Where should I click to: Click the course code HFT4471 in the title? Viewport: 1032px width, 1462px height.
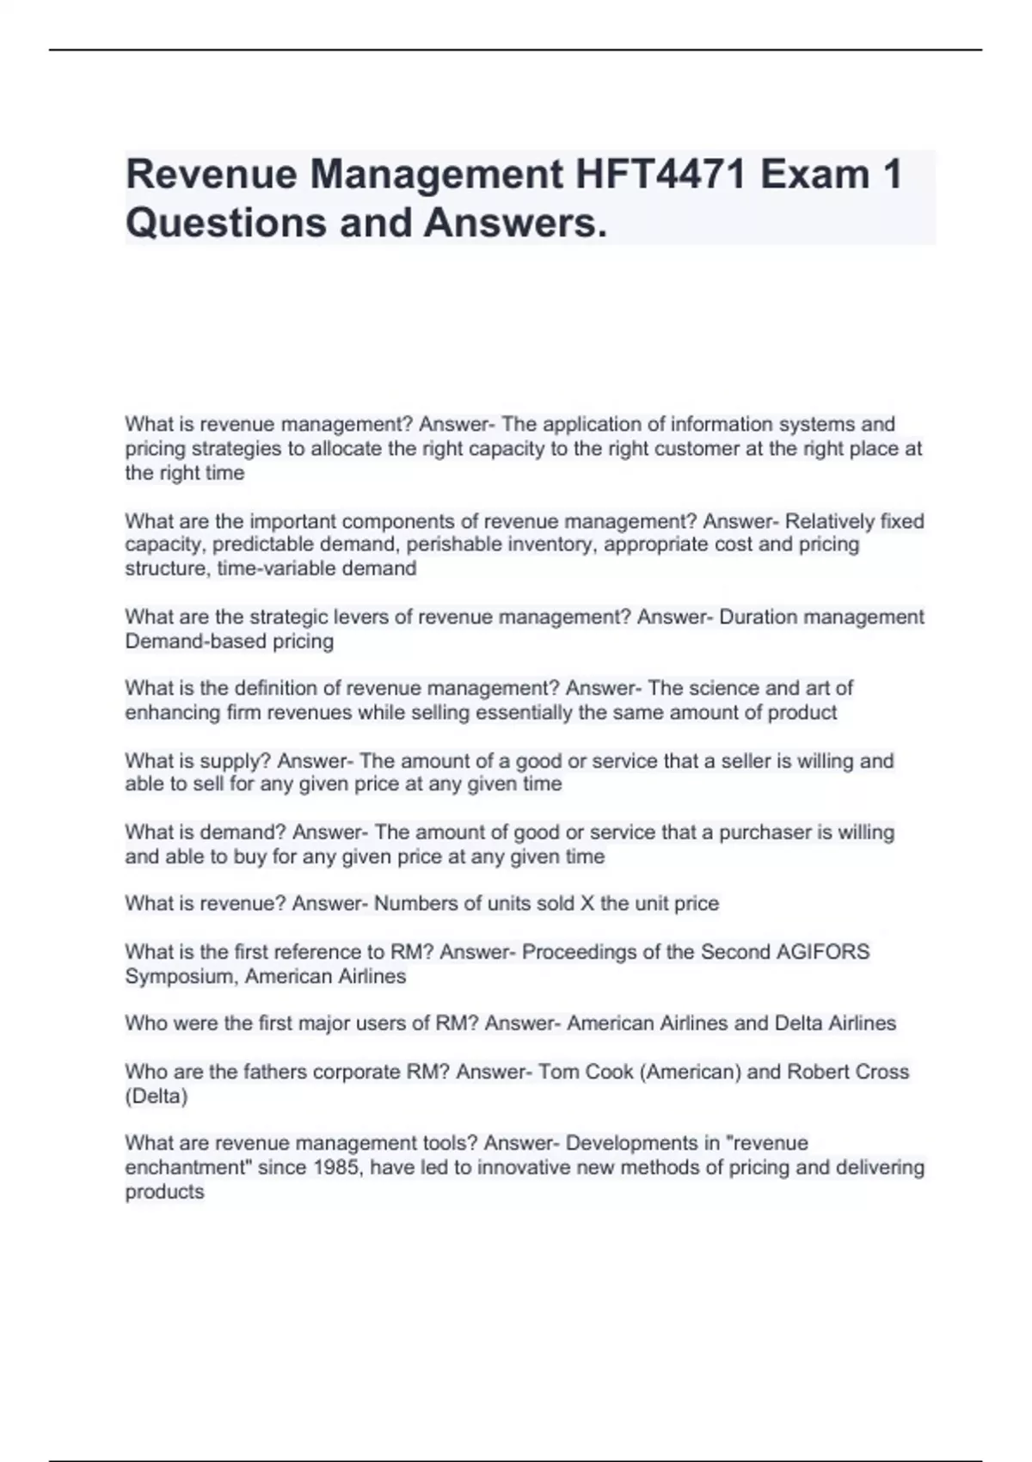click(x=660, y=175)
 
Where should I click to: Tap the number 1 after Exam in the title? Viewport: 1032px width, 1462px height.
click(x=892, y=175)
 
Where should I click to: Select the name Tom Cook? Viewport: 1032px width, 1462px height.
click(x=586, y=1072)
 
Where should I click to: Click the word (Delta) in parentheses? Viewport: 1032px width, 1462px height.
click(x=156, y=1096)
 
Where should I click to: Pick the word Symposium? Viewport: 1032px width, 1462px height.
click(x=180, y=976)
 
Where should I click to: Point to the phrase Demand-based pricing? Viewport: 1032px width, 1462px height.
click(x=229, y=642)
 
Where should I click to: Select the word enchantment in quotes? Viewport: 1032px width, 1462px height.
click(x=185, y=1168)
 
